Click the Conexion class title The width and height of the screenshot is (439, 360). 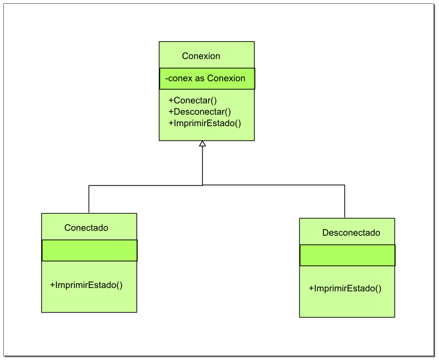[201, 56]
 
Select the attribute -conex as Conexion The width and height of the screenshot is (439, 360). [205, 78]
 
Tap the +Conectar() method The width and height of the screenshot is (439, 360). [192, 100]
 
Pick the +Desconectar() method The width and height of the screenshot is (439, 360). [199, 112]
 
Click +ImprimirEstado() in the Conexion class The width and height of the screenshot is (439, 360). [204, 123]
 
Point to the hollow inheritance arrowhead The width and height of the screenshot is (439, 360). [202, 144]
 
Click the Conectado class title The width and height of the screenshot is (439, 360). [86, 228]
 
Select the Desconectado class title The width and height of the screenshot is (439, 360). [351, 233]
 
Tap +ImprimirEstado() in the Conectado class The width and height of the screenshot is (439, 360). [86, 285]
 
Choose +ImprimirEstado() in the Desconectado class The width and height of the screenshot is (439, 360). [345, 289]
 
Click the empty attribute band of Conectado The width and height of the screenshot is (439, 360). [89, 251]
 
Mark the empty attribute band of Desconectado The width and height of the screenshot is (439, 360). [347, 255]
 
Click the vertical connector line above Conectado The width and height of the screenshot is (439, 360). [89, 199]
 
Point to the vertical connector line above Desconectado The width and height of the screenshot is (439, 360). [345, 201]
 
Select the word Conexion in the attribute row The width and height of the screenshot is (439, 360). [226, 78]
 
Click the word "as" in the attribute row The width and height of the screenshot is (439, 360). [200, 78]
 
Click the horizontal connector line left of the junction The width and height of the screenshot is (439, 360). [145, 185]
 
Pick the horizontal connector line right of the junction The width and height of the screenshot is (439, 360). [273, 185]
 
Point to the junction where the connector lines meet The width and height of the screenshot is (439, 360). [202, 185]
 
